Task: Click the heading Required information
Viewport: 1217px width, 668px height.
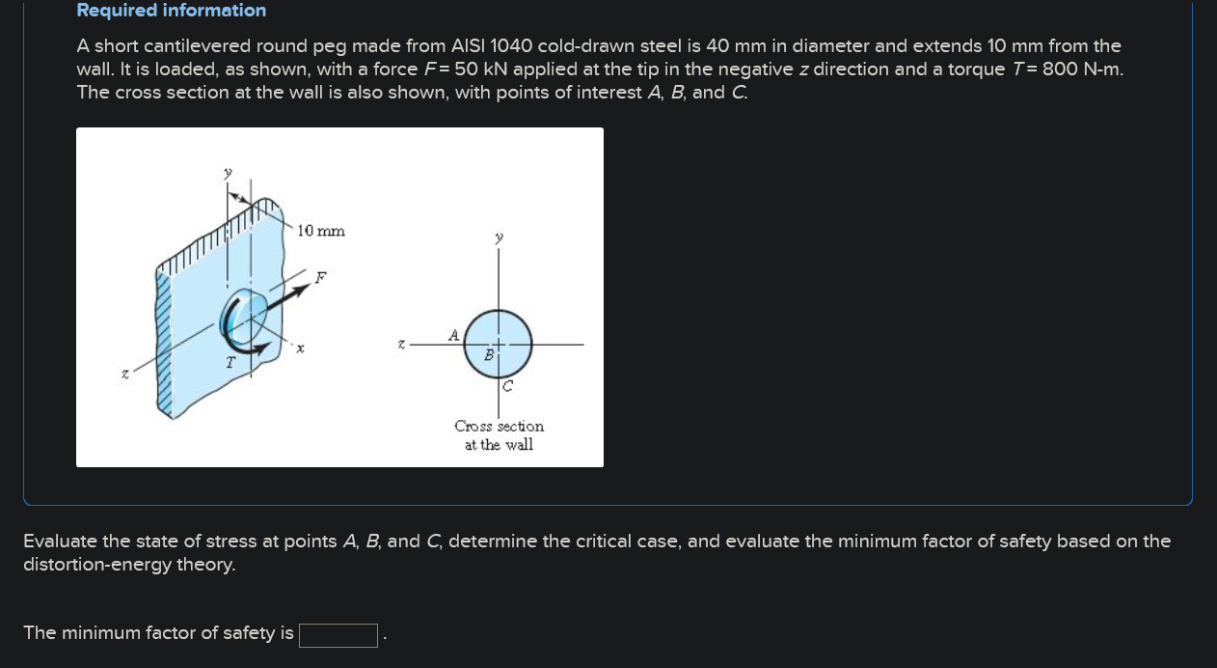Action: (171, 11)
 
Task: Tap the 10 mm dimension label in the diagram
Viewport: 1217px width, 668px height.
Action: (321, 231)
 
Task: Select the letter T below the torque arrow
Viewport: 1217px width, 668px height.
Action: (230, 364)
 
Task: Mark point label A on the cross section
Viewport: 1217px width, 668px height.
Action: (453, 335)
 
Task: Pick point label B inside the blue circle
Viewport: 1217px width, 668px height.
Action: (489, 355)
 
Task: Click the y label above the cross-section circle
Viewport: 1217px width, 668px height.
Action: (499, 237)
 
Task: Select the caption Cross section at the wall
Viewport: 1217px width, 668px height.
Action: (499, 435)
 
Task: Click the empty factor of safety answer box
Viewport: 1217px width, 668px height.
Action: (338, 634)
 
